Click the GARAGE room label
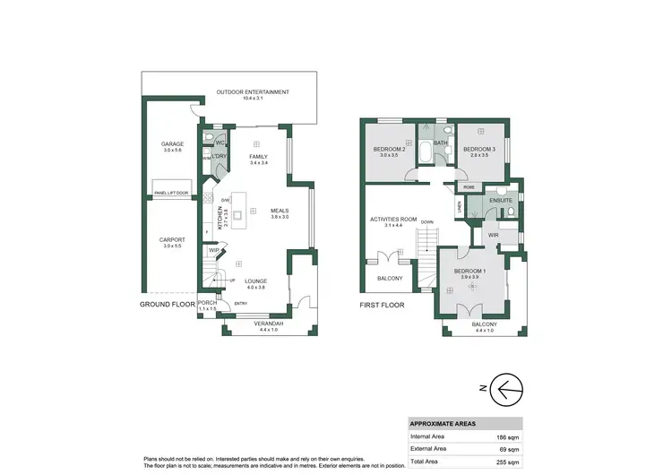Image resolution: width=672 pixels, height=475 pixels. [x=172, y=144]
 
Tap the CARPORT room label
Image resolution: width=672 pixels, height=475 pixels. [x=172, y=239]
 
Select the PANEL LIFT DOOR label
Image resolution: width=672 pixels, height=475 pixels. [x=171, y=193]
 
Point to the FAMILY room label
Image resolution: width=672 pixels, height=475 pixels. [x=259, y=157]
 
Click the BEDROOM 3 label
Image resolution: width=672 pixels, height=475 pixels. [x=479, y=149]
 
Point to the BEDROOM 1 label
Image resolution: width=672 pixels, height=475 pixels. [x=470, y=271]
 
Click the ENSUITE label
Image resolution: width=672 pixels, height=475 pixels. [x=501, y=201]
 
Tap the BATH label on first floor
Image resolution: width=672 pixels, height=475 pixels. [x=440, y=142]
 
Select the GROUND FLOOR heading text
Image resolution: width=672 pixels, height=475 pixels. [x=168, y=305]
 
